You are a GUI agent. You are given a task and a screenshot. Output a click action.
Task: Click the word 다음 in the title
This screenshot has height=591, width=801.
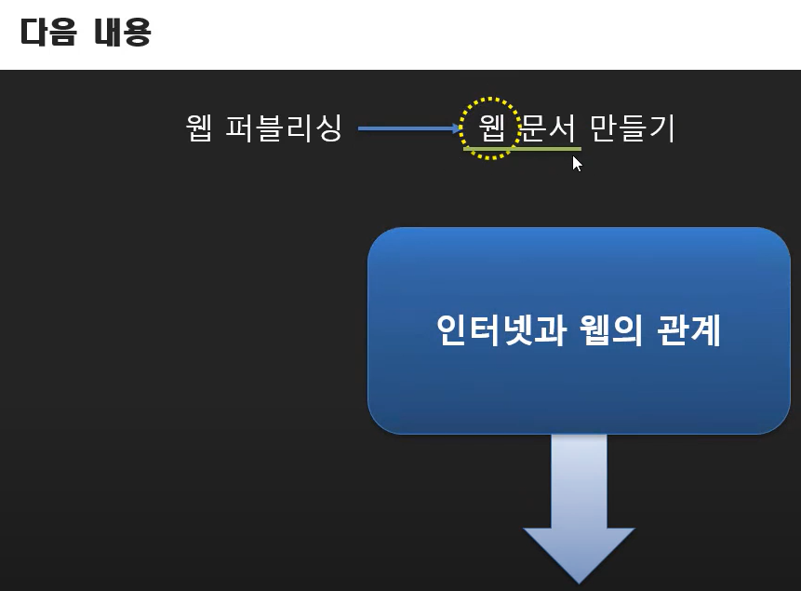click(x=47, y=34)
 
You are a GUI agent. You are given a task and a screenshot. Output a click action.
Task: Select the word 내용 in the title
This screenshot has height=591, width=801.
click(x=121, y=34)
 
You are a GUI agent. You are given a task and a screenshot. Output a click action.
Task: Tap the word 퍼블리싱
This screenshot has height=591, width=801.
click(x=284, y=128)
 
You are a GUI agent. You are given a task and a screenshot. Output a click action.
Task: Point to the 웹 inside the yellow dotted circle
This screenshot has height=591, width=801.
click(x=490, y=128)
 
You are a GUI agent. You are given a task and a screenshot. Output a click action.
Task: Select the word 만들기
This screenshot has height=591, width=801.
click(x=633, y=128)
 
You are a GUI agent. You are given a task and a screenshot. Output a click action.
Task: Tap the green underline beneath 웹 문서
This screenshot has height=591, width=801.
click(x=522, y=149)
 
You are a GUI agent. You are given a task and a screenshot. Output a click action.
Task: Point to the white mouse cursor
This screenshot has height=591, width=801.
click(x=576, y=164)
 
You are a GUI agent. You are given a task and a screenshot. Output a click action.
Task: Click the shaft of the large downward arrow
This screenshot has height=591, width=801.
click(x=579, y=479)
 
